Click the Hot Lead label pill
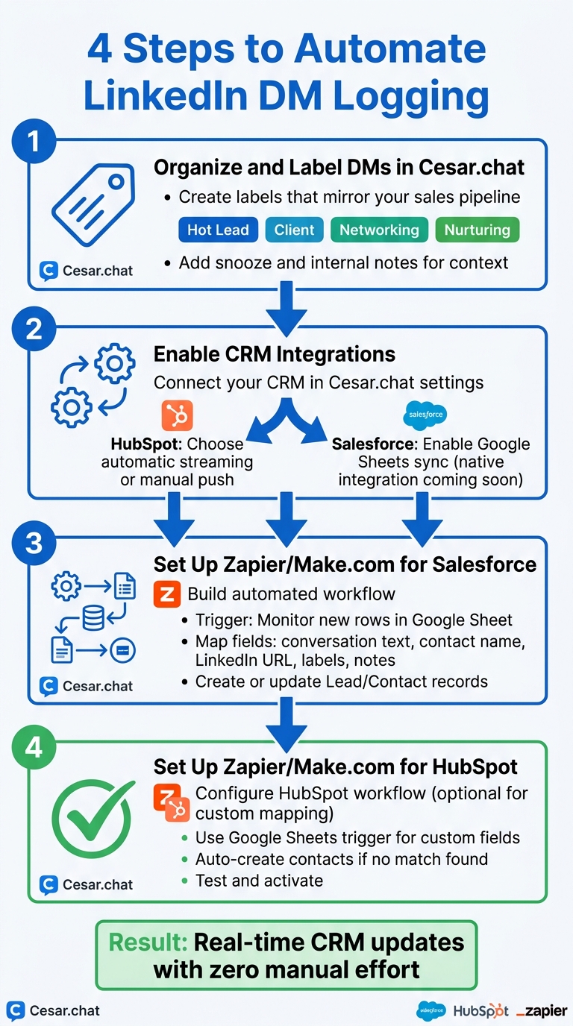click(218, 230)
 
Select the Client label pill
click(294, 230)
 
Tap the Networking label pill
click(379, 230)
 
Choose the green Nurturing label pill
click(477, 230)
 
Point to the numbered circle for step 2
click(34, 329)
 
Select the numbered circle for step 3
click(34, 542)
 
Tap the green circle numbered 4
click(34, 746)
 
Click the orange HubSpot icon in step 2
click(177, 416)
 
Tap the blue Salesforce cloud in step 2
click(425, 414)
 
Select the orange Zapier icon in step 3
click(166, 594)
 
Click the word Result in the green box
click(148, 942)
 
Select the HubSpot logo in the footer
click(480, 1011)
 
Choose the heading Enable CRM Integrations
click(275, 354)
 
